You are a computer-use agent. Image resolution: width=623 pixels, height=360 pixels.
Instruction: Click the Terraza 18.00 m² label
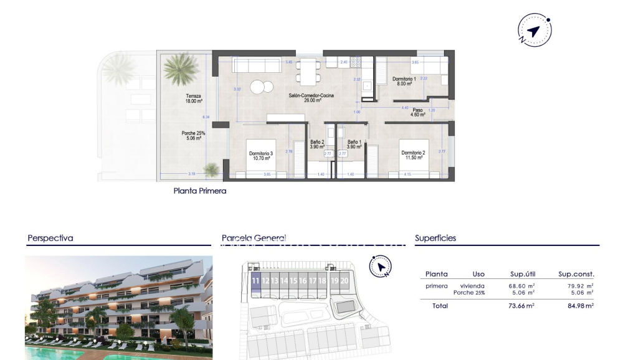193,98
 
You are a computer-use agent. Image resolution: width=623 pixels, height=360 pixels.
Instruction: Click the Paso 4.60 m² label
417,112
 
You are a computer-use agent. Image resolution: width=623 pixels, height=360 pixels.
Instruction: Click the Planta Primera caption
200,191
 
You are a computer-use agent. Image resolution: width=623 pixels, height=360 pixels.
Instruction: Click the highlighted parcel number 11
255,281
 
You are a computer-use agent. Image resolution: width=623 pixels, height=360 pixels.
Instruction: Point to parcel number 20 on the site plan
345,281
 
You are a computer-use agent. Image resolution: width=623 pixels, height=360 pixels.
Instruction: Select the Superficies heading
435,238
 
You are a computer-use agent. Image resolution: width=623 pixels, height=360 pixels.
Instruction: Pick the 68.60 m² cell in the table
522,286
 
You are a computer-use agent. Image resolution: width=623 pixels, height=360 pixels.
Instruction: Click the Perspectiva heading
50,238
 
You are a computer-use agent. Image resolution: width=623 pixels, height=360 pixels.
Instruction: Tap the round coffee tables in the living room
262,87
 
